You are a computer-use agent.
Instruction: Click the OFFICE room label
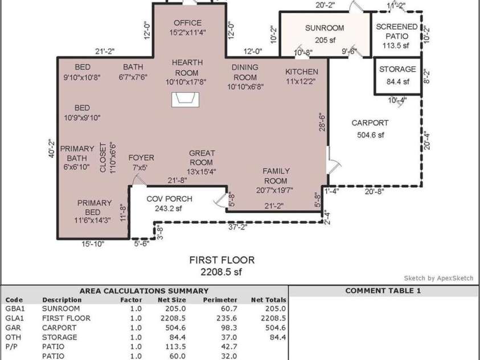tap(187, 23)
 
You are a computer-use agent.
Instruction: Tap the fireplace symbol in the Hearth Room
tap(186, 100)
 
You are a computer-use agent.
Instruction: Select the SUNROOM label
tap(325, 28)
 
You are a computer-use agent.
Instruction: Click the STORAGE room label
tap(397, 69)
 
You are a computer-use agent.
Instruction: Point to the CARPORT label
tap(370, 122)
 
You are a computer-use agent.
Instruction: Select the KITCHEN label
tap(301, 72)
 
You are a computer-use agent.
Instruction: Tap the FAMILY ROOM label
tap(276, 176)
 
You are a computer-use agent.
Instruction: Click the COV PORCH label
tap(169, 199)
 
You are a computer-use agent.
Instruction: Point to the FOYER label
tap(141, 158)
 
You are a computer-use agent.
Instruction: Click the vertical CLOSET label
tap(103, 157)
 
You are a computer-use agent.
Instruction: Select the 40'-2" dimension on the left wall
tap(51, 148)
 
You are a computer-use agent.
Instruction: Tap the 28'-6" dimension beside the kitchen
tap(322, 123)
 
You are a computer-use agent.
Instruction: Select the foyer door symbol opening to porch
tap(138, 181)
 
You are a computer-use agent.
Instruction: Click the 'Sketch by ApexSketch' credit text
tap(438, 278)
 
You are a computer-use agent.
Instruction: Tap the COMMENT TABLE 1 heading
tap(383, 291)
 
